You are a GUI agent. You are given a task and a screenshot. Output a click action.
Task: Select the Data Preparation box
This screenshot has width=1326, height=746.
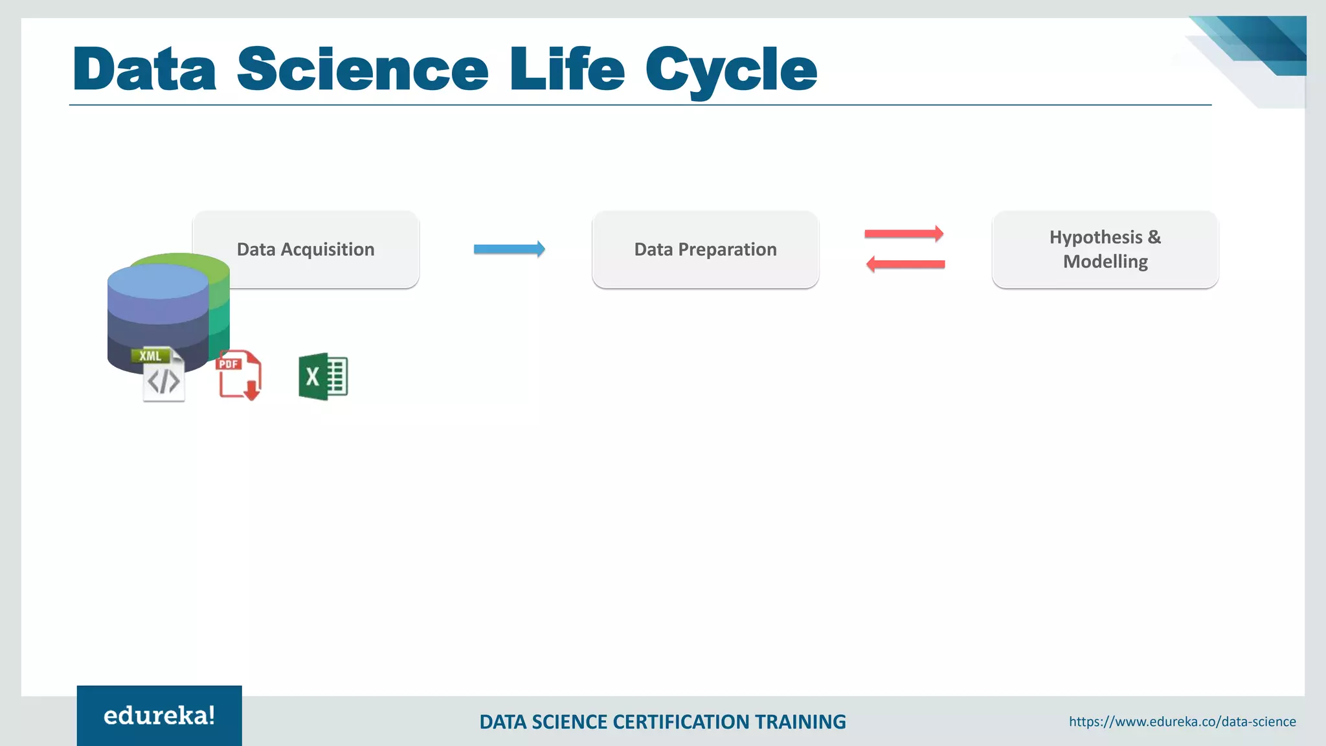click(705, 249)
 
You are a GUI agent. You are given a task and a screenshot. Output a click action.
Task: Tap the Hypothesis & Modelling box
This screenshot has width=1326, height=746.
click(1105, 249)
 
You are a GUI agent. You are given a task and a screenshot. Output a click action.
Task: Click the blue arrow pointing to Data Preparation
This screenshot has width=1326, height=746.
click(509, 249)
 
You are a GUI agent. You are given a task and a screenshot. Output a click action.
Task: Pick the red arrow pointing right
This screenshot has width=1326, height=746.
click(904, 234)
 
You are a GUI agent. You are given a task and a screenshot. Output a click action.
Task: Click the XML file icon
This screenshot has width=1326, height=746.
click(163, 376)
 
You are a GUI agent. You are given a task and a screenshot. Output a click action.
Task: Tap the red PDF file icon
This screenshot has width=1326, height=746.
click(239, 375)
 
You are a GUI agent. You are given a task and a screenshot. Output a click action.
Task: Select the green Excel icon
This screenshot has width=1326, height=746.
click(323, 376)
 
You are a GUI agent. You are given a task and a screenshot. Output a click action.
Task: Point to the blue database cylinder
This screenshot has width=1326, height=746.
click(157, 311)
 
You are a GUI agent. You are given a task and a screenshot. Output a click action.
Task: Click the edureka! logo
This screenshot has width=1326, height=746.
click(159, 716)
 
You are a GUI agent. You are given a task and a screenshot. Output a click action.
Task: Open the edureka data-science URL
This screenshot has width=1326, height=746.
click(1182, 721)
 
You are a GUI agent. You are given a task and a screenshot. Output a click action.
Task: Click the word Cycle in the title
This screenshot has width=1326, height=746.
click(731, 70)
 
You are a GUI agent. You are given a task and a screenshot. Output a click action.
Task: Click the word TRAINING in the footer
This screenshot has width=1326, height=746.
click(800, 722)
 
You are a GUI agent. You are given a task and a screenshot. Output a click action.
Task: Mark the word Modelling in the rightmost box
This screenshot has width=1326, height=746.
click(1105, 262)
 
